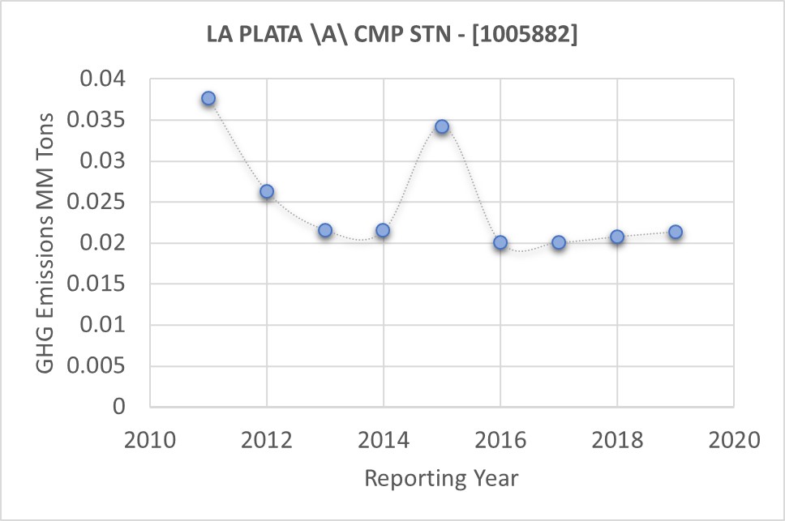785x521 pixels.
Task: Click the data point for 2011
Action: pyautogui.click(x=208, y=98)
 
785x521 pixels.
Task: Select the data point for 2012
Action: pyautogui.click(x=267, y=191)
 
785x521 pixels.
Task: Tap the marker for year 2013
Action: pyautogui.click(x=325, y=230)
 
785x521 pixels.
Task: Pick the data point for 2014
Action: pyautogui.click(x=383, y=230)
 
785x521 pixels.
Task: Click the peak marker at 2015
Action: pyautogui.click(x=442, y=126)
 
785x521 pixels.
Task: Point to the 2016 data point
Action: pyautogui.click(x=500, y=242)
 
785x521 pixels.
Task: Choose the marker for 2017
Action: pyautogui.click(x=559, y=242)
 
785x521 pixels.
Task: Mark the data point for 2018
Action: pyautogui.click(x=617, y=237)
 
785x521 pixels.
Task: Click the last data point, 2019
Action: pyautogui.click(x=676, y=232)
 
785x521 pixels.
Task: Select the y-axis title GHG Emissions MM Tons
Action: pyautogui.click(x=47, y=243)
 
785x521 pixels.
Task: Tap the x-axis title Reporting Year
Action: pyautogui.click(x=441, y=478)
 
